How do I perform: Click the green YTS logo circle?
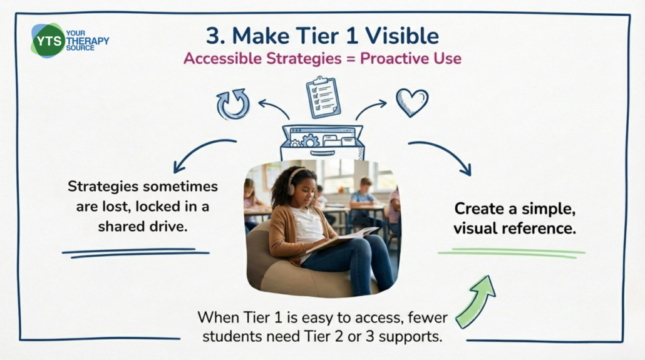coord(49,41)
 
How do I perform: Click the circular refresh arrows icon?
coord(233,104)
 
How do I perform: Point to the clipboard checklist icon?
coord(323,97)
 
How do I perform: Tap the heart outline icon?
coord(412,103)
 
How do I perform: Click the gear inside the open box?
coord(310,140)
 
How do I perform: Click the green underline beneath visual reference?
coord(512,253)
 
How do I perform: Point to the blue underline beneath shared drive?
coord(136,253)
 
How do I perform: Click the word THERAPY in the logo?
coord(88,41)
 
